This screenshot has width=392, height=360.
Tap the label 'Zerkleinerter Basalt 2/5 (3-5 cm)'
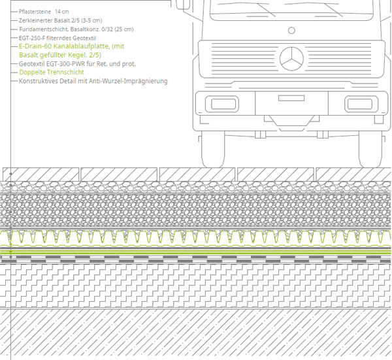[x=60, y=21]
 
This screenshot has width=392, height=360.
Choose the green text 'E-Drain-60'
[x=37, y=47]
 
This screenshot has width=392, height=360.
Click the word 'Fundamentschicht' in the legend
[x=40, y=30]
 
